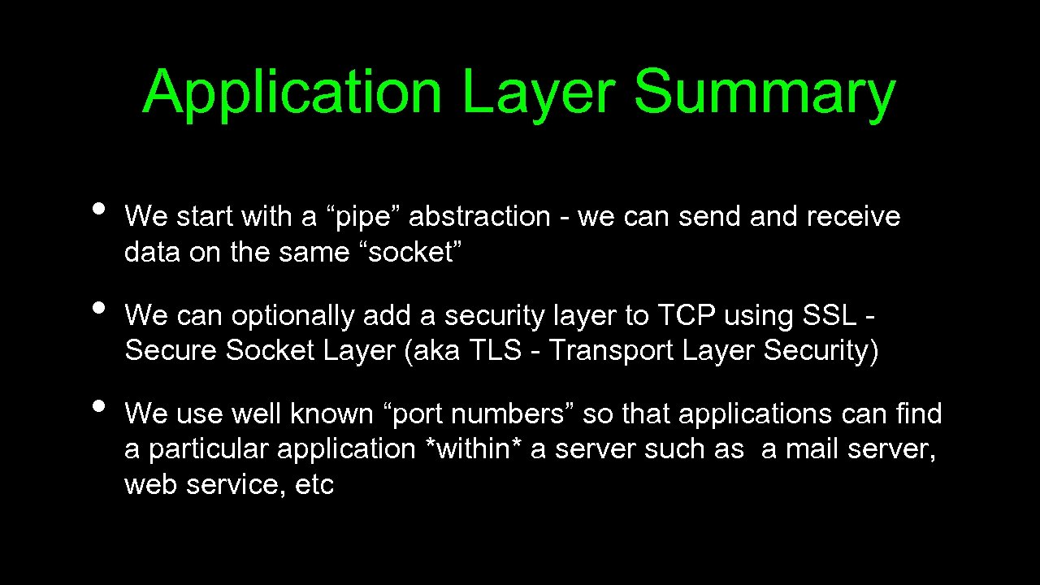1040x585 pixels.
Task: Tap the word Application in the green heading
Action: coord(292,93)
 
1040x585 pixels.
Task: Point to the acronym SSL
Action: coord(830,316)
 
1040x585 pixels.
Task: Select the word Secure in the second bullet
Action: coord(171,351)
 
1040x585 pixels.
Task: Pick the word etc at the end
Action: coord(315,485)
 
